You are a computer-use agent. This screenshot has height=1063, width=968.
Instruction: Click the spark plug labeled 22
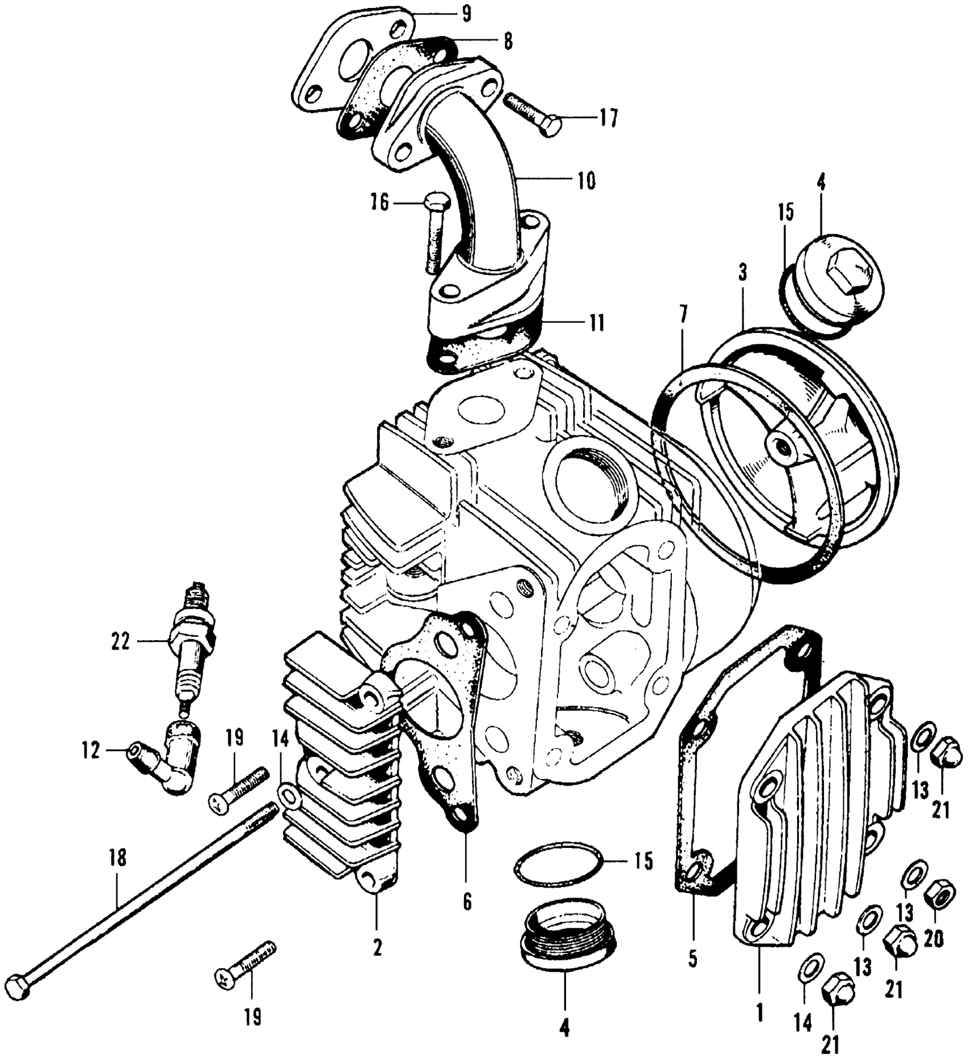[193, 643]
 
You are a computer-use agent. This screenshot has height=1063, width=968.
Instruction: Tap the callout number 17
[608, 120]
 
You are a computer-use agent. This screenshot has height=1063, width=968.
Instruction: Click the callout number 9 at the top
[466, 14]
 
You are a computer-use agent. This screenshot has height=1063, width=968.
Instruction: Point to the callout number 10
[586, 181]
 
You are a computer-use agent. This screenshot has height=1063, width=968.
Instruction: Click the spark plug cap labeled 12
[165, 763]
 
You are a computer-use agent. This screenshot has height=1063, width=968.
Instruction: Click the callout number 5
[693, 958]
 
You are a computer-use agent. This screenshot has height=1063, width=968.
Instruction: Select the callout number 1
[760, 1011]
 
